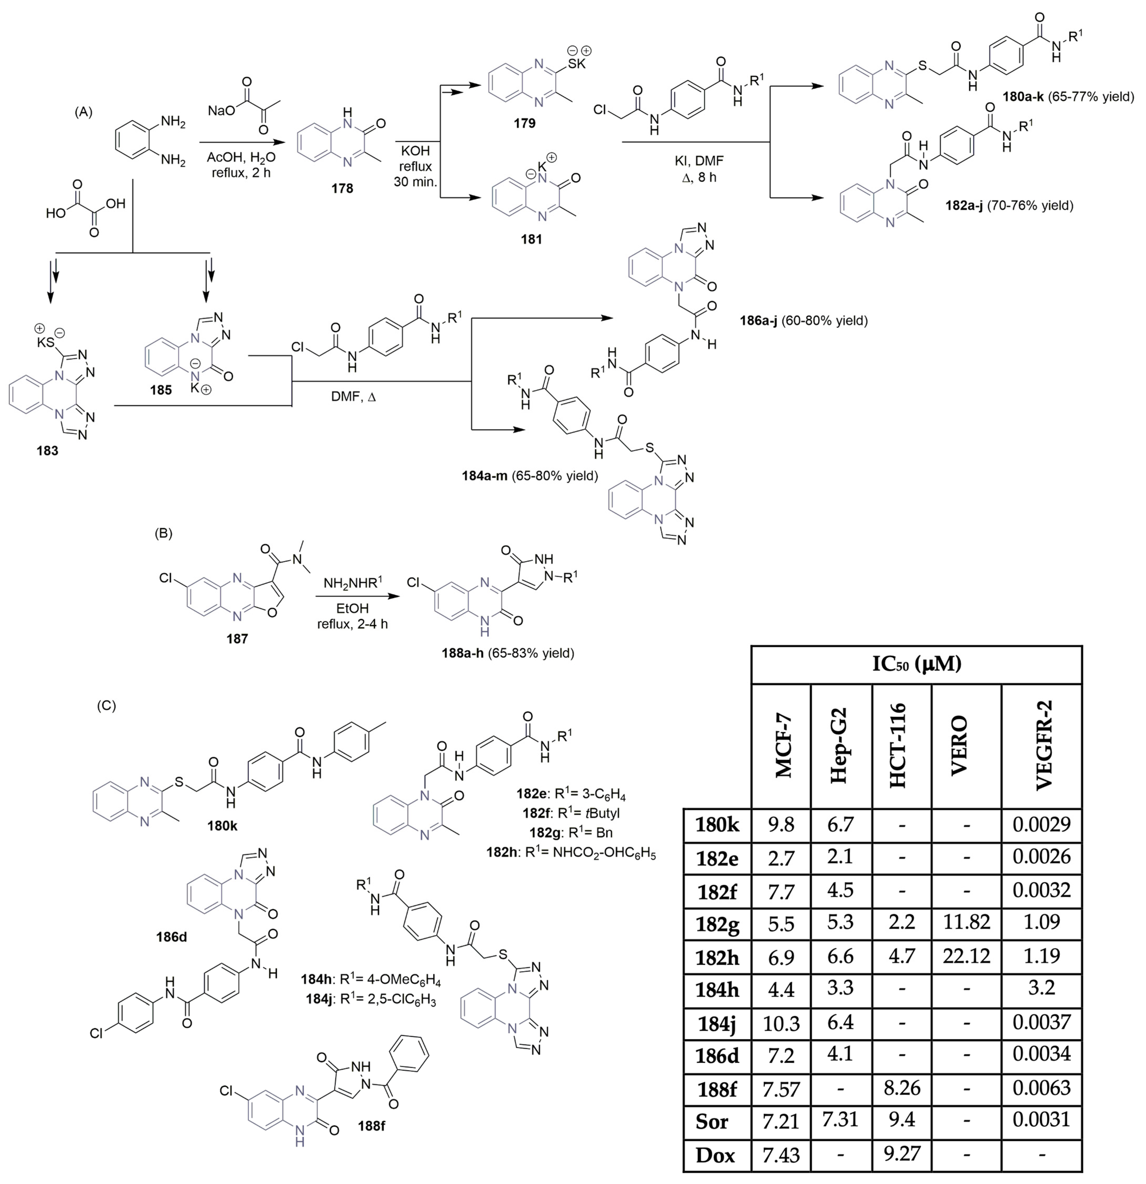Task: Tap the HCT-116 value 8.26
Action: tap(901, 1088)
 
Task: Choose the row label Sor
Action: tap(712, 1122)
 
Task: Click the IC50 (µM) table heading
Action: tap(916, 665)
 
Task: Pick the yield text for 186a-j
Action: tap(824, 320)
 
